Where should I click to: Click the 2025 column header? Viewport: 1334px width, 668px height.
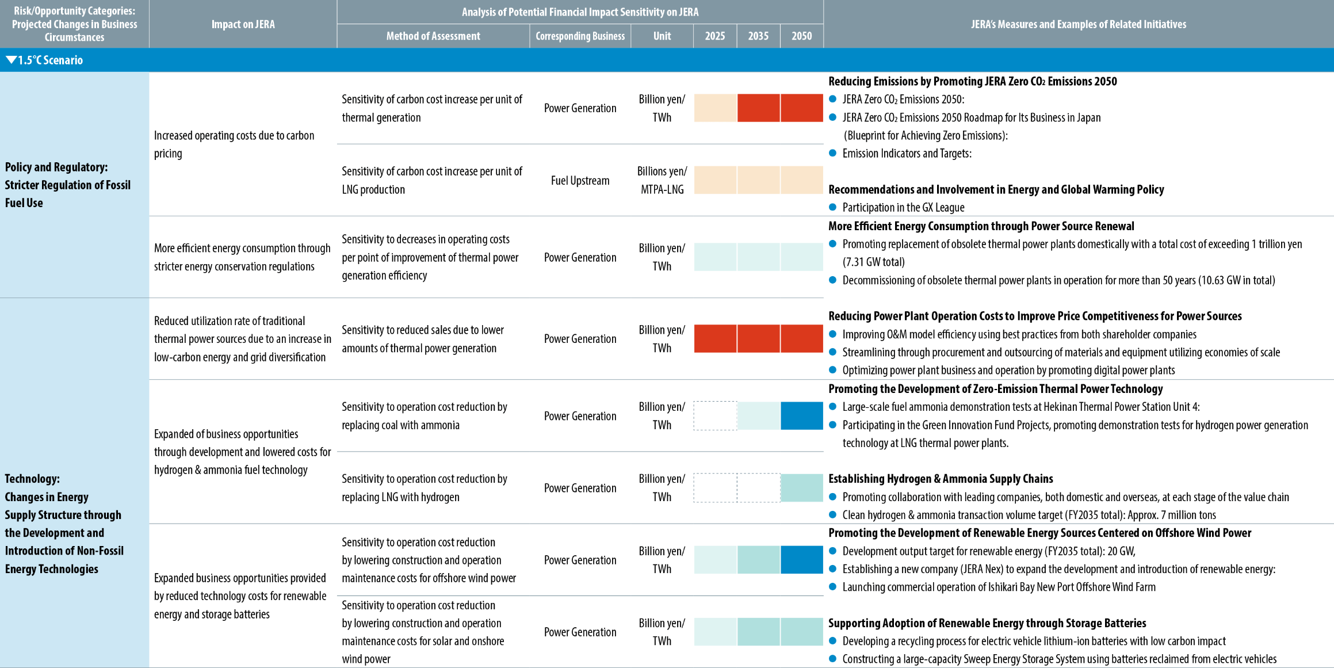[715, 36]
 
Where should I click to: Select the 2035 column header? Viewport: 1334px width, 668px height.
[758, 36]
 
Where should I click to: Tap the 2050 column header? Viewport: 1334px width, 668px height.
[801, 36]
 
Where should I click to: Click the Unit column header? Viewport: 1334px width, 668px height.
[662, 36]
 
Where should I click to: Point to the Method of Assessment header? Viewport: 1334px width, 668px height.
[433, 36]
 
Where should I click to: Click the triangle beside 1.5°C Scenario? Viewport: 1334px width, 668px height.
[11, 60]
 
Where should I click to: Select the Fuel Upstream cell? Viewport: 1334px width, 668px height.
[580, 180]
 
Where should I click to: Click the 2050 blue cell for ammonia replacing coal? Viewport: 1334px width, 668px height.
[802, 415]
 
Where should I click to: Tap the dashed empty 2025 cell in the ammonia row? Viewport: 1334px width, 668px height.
[715, 415]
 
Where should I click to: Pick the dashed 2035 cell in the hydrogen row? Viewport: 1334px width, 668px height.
[759, 487]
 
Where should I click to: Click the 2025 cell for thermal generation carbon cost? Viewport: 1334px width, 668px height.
[715, 108]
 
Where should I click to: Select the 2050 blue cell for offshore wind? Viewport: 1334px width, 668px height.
[802, 559]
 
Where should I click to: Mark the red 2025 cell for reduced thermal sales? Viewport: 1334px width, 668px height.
[715, 338]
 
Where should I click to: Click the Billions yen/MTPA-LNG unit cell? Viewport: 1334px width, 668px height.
[662, 180]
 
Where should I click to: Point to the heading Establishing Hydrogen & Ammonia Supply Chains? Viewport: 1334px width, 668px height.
[941, 479]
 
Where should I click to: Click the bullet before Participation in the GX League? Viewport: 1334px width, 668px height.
[832, 207]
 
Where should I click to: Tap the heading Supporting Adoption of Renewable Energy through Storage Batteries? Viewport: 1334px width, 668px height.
[987, 623]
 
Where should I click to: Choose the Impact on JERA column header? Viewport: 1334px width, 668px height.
[243, 24]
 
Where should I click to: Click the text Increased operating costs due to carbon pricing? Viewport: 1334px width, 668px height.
[234, 144]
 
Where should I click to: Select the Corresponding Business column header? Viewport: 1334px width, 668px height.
[580, 36]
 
